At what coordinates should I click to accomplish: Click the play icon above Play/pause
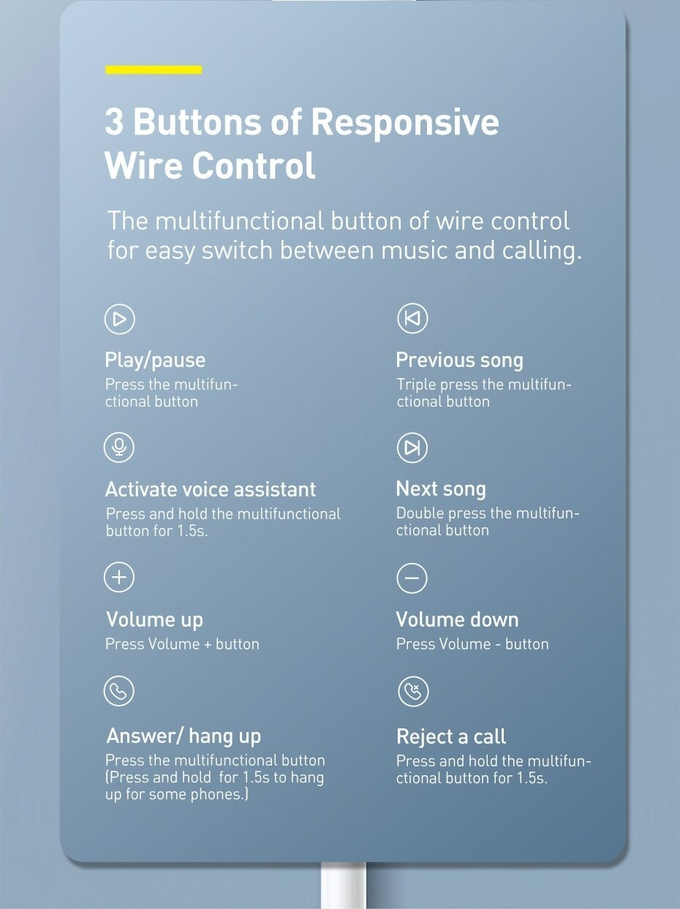(x=120, y=319)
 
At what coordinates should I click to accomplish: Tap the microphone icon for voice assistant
(x=120, y=447)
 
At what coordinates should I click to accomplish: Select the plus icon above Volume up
(x=120, y=577)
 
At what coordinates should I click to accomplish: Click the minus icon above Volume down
(x=412, y=578)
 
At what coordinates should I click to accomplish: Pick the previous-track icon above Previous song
(x=412, y=319)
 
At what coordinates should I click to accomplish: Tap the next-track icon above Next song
(x=412, y=448)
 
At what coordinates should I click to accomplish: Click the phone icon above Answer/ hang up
(x=119, y=691)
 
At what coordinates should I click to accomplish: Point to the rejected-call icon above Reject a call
(x=412, y=691)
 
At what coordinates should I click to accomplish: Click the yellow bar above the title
(x=154, y=69)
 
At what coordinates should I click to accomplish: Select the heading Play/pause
(x=155, y=360)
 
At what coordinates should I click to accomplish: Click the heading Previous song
(x=459, y=360)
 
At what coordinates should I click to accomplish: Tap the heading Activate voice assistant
(x=211, y=489)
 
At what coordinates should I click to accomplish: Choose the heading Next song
(x=441, y=489)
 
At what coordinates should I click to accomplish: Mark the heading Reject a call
(x=451, y=736)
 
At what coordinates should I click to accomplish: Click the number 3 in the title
(x=114, y=121)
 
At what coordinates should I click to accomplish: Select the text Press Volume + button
(x=182, y=644)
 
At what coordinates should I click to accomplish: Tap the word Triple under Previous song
(x=416, y=385)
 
